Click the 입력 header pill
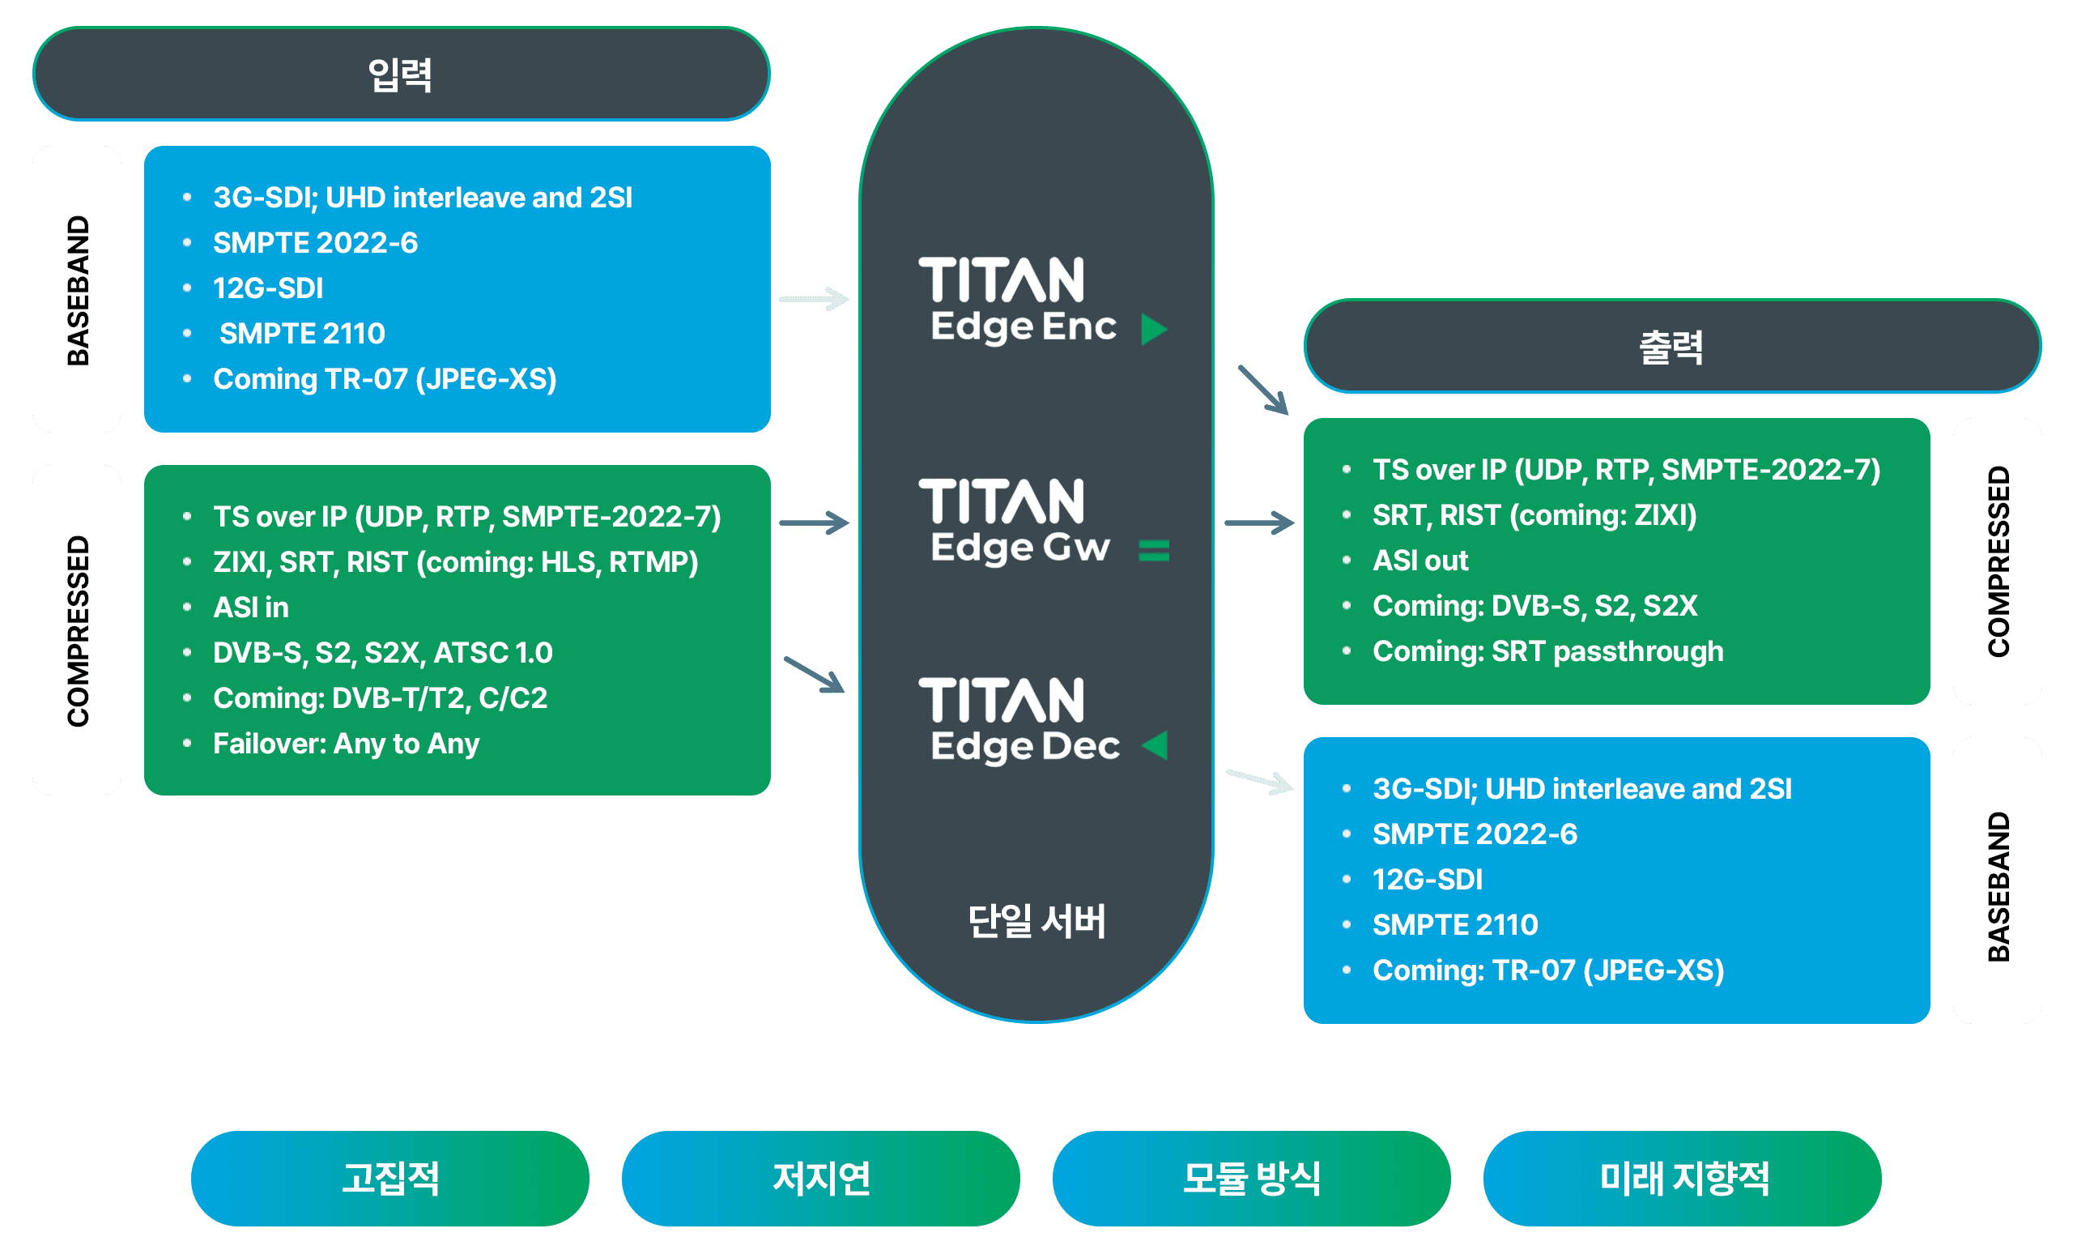click(402, 74)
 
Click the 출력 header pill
click(1671, 346)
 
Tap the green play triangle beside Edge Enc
click(1153, 329)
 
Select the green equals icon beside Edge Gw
click(1153, 550)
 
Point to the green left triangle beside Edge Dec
click(1155, 744)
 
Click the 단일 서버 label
click(1036, 921)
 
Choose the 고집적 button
click(389, 1178)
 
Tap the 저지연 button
click(820, 1178)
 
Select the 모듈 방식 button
click(1251, 1178)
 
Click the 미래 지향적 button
click(1683, 1178)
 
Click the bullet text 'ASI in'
click(251, 608)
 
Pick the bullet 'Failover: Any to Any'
click(346, 744)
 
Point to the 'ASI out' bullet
click(1420, 561)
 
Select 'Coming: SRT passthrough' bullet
click(1547, 651)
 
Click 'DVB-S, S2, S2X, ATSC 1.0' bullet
click(383, 653)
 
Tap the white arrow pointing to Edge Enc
click(814, 299)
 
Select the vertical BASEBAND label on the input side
click(78, 289)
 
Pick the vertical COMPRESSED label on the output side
click(1997, 561)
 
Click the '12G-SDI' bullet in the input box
click(267, 288)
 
